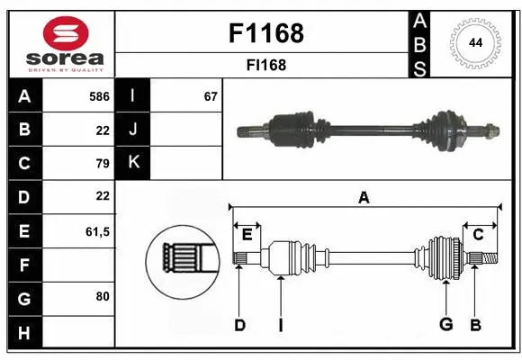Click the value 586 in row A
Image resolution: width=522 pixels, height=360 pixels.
[x=99, y=96]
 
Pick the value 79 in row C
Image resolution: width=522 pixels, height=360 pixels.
[x=102, y=163]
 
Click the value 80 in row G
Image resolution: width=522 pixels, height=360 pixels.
[x=102, y=295]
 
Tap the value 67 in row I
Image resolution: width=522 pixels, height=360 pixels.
[x=211, y=96]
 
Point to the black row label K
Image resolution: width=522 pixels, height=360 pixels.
[x=132, y=162]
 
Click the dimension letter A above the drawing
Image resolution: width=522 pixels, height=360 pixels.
[x=364, y=197]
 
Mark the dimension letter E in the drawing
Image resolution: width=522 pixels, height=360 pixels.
[x=247, y=235]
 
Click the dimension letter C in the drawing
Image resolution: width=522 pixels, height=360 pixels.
[x=478, y=235]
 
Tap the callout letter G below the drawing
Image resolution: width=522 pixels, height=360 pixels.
[x=445, y=325]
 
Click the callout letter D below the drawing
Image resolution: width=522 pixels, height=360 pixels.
[x=239, y=325]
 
